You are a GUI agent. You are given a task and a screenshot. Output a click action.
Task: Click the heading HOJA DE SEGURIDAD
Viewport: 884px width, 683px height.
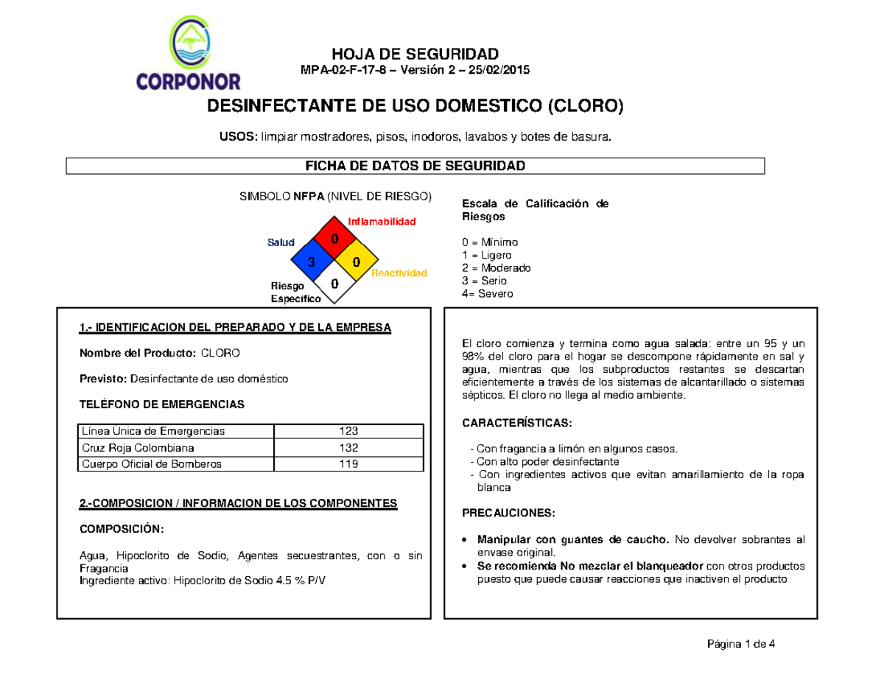(415, 53)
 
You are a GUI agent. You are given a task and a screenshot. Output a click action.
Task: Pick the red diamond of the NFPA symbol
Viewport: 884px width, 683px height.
(334, 239)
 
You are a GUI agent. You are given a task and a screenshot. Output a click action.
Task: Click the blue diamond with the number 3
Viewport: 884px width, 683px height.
(312, 262)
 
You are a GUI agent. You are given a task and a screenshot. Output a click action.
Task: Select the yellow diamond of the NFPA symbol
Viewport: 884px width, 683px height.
(357, 262)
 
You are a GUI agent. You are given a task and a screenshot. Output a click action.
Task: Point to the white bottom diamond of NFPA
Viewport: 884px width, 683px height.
(334, 284)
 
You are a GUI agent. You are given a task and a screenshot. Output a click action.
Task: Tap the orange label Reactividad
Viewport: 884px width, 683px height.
(399, 273)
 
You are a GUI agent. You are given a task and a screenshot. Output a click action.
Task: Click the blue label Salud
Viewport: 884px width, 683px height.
(281, 242)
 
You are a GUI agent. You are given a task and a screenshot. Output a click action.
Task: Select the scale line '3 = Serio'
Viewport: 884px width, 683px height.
(483, 281)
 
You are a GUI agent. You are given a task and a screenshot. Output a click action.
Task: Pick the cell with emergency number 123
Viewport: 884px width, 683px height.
(348, 431)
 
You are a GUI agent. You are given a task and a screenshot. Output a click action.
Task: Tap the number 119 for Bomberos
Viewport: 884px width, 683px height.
(348, 464)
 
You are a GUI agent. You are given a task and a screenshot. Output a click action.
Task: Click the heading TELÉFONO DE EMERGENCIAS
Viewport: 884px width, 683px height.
(161, 404)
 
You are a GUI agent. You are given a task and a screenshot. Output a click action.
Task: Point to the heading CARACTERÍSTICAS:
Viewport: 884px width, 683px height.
(516, 424)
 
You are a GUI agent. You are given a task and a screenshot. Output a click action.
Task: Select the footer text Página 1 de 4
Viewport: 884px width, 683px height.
(738, 645)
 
